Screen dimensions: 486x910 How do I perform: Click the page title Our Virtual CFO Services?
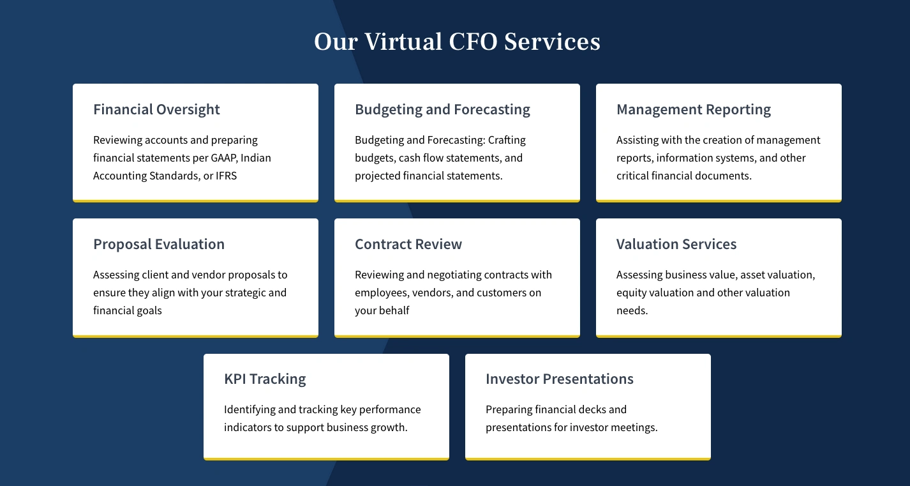(457, 42)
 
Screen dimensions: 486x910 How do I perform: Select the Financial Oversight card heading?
(156, 110)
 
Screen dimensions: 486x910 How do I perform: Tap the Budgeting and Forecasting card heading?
(442, 110)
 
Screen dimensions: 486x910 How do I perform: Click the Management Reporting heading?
(694, 110)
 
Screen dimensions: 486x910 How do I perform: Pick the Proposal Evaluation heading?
(159, 245)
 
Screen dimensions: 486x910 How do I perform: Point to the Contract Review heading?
(408, 245)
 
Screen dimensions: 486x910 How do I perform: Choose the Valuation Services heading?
(676, 245)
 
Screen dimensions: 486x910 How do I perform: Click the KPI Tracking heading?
(265, 379)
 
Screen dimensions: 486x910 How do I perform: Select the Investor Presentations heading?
(560, 379)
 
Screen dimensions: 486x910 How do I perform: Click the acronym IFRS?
(227, 176)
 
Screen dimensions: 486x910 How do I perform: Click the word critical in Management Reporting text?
(632, 176)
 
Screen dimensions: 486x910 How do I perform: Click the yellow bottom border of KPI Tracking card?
(326, 458)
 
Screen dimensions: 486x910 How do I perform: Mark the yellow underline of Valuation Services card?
(719, 336)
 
